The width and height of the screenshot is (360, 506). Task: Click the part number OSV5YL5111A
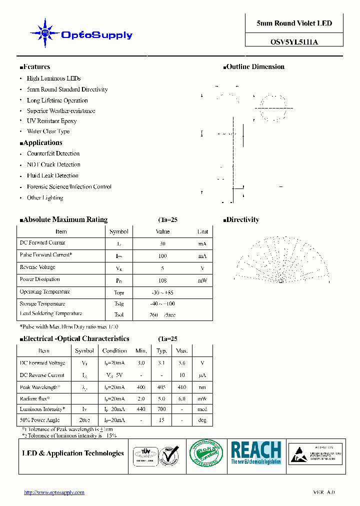(x=294, y=42)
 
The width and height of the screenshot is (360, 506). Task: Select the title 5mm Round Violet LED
(x=294, y=23)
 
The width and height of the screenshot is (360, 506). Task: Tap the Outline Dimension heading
(x=255, y=67)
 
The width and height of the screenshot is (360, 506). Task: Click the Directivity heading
(x=242, y=220)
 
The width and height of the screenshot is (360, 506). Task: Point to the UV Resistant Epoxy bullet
(x=51, y=121)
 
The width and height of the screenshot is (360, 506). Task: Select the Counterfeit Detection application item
(x=53, y=154)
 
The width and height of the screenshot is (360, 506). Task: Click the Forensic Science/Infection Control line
(x=69, y=187)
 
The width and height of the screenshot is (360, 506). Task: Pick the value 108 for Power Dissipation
(x=162, y=281)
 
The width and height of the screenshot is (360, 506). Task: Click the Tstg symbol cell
(x=119, y=304)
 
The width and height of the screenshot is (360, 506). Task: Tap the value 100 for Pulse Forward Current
(x=162, y=256)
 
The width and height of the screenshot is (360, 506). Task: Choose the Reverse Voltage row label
(x=37, y=267)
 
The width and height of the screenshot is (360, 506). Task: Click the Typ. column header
(x=161, y=351)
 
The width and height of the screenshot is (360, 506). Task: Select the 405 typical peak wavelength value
(x=161, y=387)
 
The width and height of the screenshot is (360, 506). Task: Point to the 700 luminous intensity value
(x=161, y=409)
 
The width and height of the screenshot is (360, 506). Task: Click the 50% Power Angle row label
(x=39, y=420)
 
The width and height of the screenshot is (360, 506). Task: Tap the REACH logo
(x=256, y=453)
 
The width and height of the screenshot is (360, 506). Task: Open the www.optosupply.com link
(x=54, y=492)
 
